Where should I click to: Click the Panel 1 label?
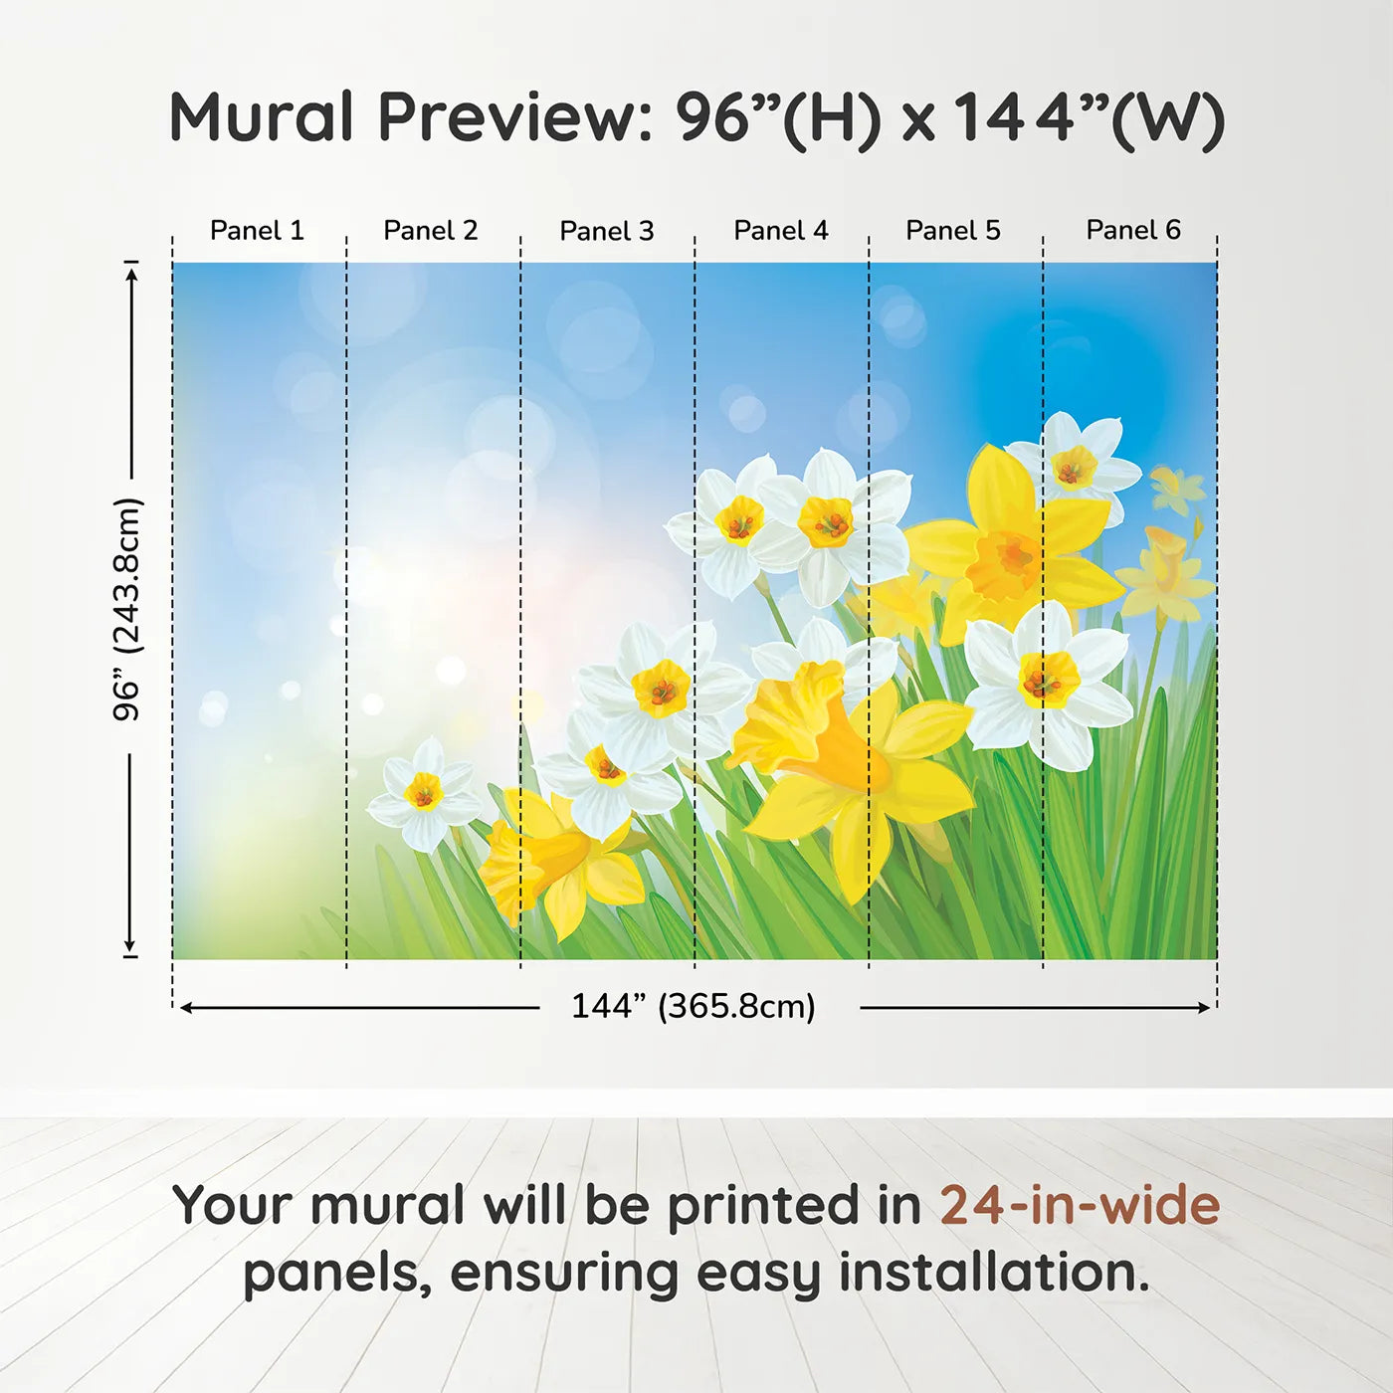[258, 231]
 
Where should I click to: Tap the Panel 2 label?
[431, 231]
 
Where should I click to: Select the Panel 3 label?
[607, 231]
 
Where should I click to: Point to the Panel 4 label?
[781, 231]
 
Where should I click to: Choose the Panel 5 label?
[953, 231]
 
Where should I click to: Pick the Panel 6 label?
[1133, 230]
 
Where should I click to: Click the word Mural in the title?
[262, 116]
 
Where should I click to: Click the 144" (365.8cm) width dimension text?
[694, 1006]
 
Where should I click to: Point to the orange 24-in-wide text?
[1080, 1204]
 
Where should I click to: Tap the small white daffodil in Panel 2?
[424, 794]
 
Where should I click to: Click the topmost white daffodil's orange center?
[1074, 467]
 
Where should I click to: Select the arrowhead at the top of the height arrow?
[130, 275]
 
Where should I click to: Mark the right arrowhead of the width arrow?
[1203, 1008]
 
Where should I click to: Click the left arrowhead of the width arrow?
[186, 1008]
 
